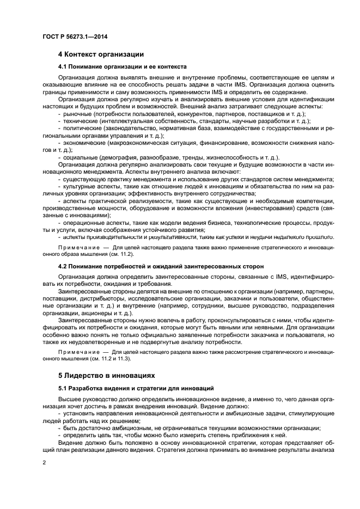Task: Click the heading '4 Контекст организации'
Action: pos(101,54)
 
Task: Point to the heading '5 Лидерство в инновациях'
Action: pos(107,375)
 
